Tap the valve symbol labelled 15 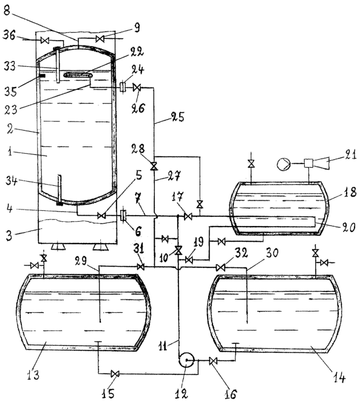(x=115, y=374)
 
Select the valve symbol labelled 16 (x=213, y=361)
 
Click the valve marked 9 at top (x=100, y=39)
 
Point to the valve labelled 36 (x=45, y=41)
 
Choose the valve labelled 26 (x=137, y=87)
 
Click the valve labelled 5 (x=102, y=216)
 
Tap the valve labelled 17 (x=188, y=217)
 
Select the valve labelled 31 (x=141, y=267)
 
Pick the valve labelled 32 (x=220, y=267)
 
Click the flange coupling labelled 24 (x=123, y=86)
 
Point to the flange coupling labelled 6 (x=123, y=215)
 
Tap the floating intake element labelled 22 (x=78, y=75)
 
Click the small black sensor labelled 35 (x=42, y=76)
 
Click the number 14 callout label (x=339, y=378)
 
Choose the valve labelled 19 (x=188, y=260)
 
